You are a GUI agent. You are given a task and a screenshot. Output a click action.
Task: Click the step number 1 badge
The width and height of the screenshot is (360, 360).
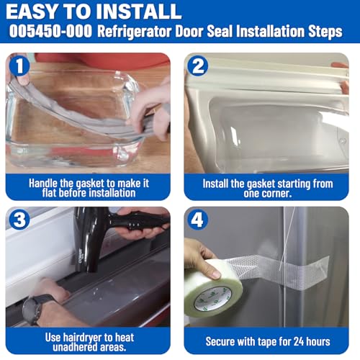click(19, 66)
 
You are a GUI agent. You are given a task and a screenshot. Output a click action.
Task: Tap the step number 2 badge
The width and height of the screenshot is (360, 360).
click(197, 66)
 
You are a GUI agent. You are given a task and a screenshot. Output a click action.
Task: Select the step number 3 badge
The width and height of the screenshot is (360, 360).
click(19, 220)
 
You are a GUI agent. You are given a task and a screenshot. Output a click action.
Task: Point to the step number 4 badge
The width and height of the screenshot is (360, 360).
click(197, 220)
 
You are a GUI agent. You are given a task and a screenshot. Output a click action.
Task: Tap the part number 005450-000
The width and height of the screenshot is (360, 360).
click(50, 31)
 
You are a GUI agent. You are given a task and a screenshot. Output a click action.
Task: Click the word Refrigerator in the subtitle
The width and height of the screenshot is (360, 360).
click(135, 32)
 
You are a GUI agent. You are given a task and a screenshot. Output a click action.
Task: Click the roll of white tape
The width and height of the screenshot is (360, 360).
click(214, 288)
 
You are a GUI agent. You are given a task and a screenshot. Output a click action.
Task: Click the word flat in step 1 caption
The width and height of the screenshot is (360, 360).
click(50, 193)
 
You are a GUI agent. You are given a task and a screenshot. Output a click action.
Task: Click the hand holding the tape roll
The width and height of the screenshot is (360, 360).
click(202, 258)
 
